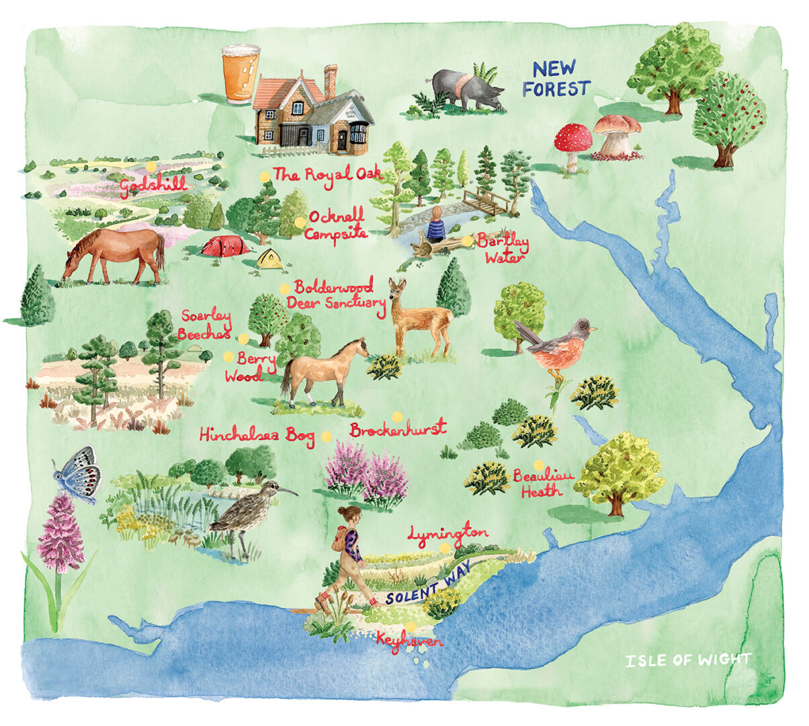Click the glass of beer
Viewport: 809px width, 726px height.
point(241,74)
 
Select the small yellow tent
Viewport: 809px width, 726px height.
point(269,259)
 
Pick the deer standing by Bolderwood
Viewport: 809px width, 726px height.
point(417,319)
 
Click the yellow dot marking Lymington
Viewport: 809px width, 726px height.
point(445,549)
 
